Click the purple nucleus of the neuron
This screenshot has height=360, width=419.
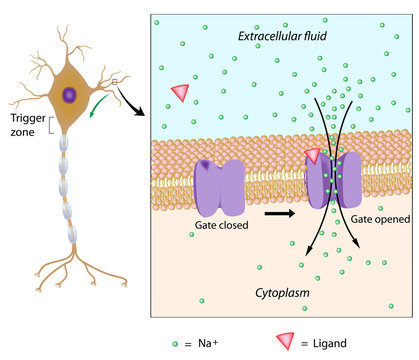coord(70,96)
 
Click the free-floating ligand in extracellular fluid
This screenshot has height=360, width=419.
coord(180,92)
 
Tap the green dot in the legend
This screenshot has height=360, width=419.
coord(175,343)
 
